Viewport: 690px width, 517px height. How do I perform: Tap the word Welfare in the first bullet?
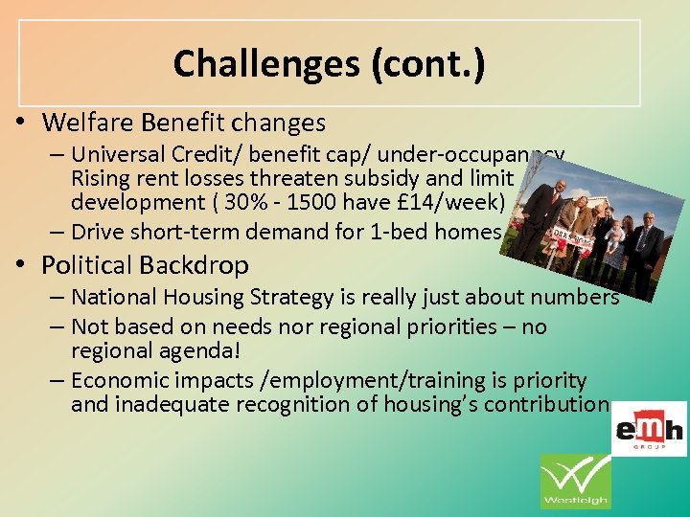tap(82, 123)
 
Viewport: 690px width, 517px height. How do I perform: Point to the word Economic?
tap(113, 379)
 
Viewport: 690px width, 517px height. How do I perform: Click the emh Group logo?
tap(650, 428)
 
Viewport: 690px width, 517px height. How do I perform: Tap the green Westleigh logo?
tap(575, 481)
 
